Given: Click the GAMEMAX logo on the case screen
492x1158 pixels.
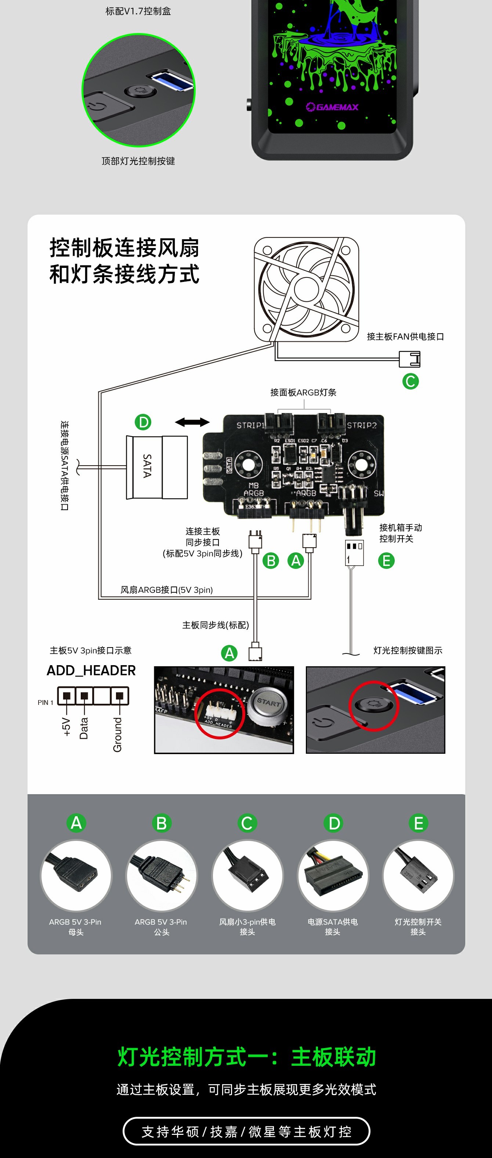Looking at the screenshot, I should coord(333,107).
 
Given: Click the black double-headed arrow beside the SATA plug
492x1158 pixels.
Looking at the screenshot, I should coord(192,422).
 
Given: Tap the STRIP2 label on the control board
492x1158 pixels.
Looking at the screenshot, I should coord(361,425).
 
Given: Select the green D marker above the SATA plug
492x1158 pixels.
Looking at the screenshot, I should coord(143,422).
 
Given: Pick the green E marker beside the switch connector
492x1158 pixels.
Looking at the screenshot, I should coord(386,560).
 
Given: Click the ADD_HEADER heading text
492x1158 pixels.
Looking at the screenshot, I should coord(91,670).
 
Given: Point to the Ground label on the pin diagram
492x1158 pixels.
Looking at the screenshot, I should coord(117,735).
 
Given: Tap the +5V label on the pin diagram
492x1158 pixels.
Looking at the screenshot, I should coord(66,727).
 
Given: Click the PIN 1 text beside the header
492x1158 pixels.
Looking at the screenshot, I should coord(46,702).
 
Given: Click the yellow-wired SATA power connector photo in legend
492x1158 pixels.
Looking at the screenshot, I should coord(333,875).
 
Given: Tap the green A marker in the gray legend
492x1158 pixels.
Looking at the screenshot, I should coord(76,822).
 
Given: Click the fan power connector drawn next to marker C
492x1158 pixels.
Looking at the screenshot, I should coord(409,359).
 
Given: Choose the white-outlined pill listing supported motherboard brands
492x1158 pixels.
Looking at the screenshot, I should coord(246,1131).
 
